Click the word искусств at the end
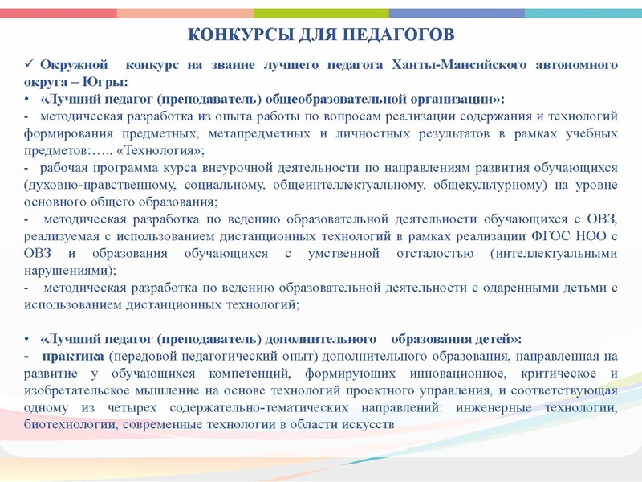pyautogui.click(x=368, y=425)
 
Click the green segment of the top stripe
pyautogui.click(x=321, y=14)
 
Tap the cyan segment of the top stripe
pyautogui.click(x=583, y=14)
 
